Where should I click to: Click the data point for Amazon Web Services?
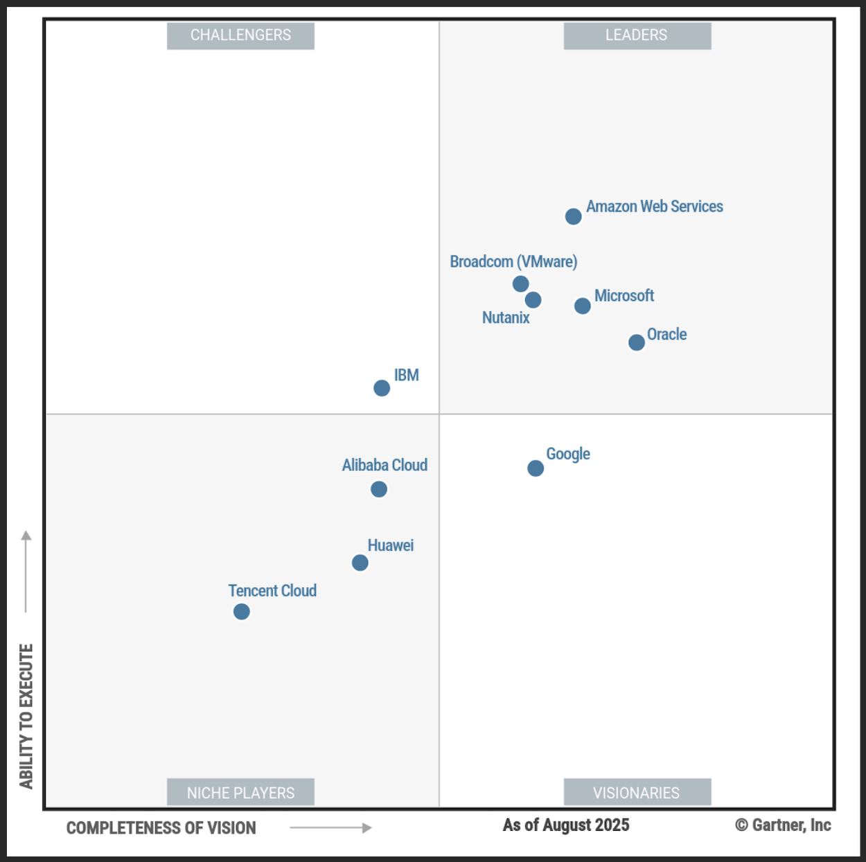(x=573, y=217)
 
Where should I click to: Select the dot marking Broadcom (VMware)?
(x=520, y=283)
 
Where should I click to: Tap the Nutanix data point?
(x=533, y=300)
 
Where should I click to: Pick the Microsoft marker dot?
(x=583, y=306)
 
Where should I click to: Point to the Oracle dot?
(x=637, y=342)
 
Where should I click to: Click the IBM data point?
(x=382, y=388)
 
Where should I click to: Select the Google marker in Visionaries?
(x=536, y=468)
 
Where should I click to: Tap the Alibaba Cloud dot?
(x=379, y=489)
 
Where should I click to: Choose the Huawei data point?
(x=360, y=563)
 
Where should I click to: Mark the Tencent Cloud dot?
(x=242, y=612)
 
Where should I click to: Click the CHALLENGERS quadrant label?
(x=240, y=35)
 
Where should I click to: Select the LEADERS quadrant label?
(x=637, y=35)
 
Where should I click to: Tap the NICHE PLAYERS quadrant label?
(x=240, y=792)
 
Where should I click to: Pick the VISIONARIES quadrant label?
(x=637, y=792)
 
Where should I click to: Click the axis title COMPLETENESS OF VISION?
(x=161, y=828)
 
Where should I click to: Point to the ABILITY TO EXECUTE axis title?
(x=26, y=716)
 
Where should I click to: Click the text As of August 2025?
(x=566, y=825)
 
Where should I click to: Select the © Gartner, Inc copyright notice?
(x=783, y=825)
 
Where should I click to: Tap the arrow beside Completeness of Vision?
(x=330, y=827)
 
